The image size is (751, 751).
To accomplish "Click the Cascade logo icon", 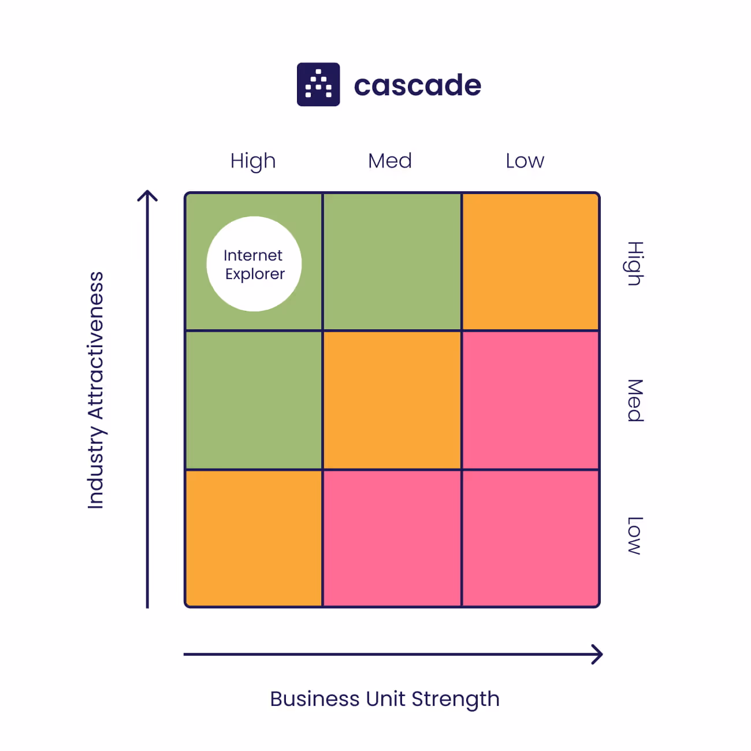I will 318,84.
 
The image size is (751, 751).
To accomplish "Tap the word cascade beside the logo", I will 417,85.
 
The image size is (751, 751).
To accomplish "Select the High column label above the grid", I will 253,161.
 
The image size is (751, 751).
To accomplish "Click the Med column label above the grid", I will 390,161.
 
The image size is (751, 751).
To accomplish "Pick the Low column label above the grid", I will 525,161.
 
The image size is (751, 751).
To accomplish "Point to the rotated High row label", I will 635,263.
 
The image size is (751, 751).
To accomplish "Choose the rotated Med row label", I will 635,400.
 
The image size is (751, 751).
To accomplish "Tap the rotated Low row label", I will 635,536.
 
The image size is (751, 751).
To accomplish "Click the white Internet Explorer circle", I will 254,264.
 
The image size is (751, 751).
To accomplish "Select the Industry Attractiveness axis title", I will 96,391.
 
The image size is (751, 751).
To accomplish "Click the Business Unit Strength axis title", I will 385,699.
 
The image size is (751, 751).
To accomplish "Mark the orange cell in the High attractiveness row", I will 530,262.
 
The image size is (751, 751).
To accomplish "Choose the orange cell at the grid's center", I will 392,400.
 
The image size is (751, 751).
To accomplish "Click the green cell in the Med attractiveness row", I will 254,400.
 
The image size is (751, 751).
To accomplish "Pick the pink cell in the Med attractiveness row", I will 530,400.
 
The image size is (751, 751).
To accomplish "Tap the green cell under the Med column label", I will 392,262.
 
